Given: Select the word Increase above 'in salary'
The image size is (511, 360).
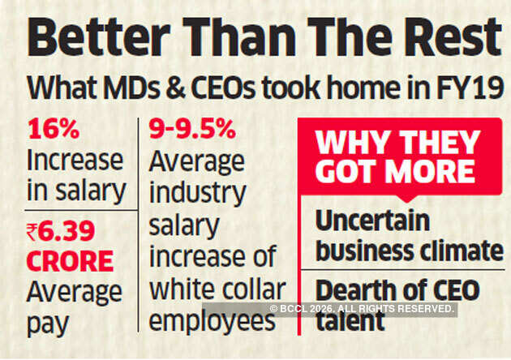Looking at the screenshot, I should pos(75,160).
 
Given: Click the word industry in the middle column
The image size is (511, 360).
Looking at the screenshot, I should pos(198,194).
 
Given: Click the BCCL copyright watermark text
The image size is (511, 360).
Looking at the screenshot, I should pos(363,309).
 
